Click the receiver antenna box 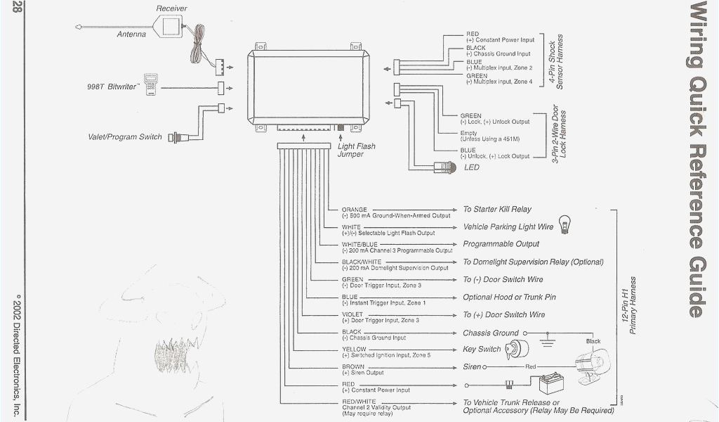click(173, 27)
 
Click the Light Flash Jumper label click(356, 150)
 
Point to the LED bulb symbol click(447, 167)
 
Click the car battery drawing click(551, 384)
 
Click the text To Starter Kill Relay click(497, 210)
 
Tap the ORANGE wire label click(354, 210)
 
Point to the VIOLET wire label click(352, 314)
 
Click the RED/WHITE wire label click(358, 402)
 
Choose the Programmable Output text click(501, 244)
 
